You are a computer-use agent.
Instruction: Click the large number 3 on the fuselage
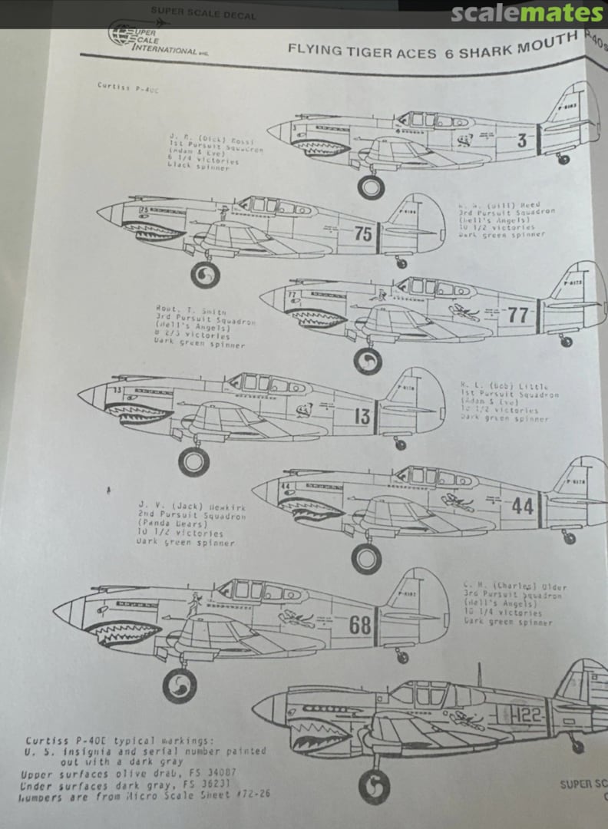(521, 140)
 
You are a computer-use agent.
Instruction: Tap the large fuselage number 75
(364, 233)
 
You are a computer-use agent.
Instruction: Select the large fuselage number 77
(518, 315)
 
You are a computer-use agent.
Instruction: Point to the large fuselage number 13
(362, 417)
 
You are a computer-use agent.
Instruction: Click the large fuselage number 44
(522, 506)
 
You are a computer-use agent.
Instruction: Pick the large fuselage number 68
(360, 625)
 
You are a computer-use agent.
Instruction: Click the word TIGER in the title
(376, 52)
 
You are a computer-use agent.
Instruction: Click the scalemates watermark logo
(527, 13)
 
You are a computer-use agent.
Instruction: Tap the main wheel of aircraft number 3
(371, 187)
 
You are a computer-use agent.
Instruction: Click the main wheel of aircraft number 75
(205, 274)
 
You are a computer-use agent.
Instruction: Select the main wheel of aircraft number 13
(193, 461)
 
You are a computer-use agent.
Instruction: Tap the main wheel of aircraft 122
(375, 787)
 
